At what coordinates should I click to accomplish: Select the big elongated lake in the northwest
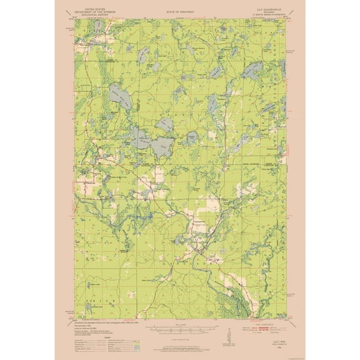(x=120, y=95)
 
